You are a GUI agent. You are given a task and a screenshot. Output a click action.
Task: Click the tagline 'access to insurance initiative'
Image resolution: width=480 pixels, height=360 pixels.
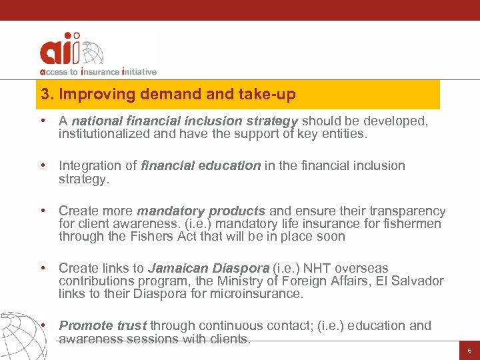coord(98,71)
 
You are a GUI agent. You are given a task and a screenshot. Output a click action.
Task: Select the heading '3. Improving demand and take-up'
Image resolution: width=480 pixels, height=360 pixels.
coord(168,95)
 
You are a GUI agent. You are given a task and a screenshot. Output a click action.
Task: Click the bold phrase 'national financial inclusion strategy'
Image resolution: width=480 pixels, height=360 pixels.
coord(185,121)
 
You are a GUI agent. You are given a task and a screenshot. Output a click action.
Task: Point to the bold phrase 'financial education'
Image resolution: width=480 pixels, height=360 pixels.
coord(201,166)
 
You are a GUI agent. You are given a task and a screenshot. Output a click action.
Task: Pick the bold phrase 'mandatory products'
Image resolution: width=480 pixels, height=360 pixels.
coord(201,211)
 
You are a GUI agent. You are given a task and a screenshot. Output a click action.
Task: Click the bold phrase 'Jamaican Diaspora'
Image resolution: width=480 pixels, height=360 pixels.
coord(208,268)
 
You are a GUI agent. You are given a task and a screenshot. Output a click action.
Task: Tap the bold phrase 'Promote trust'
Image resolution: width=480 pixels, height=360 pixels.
coord(103,325)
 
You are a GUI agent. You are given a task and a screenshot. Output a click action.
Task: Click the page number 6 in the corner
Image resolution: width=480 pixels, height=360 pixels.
coord(469,350)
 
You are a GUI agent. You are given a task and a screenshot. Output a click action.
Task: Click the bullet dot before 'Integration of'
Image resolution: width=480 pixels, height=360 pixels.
coord(43,166)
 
